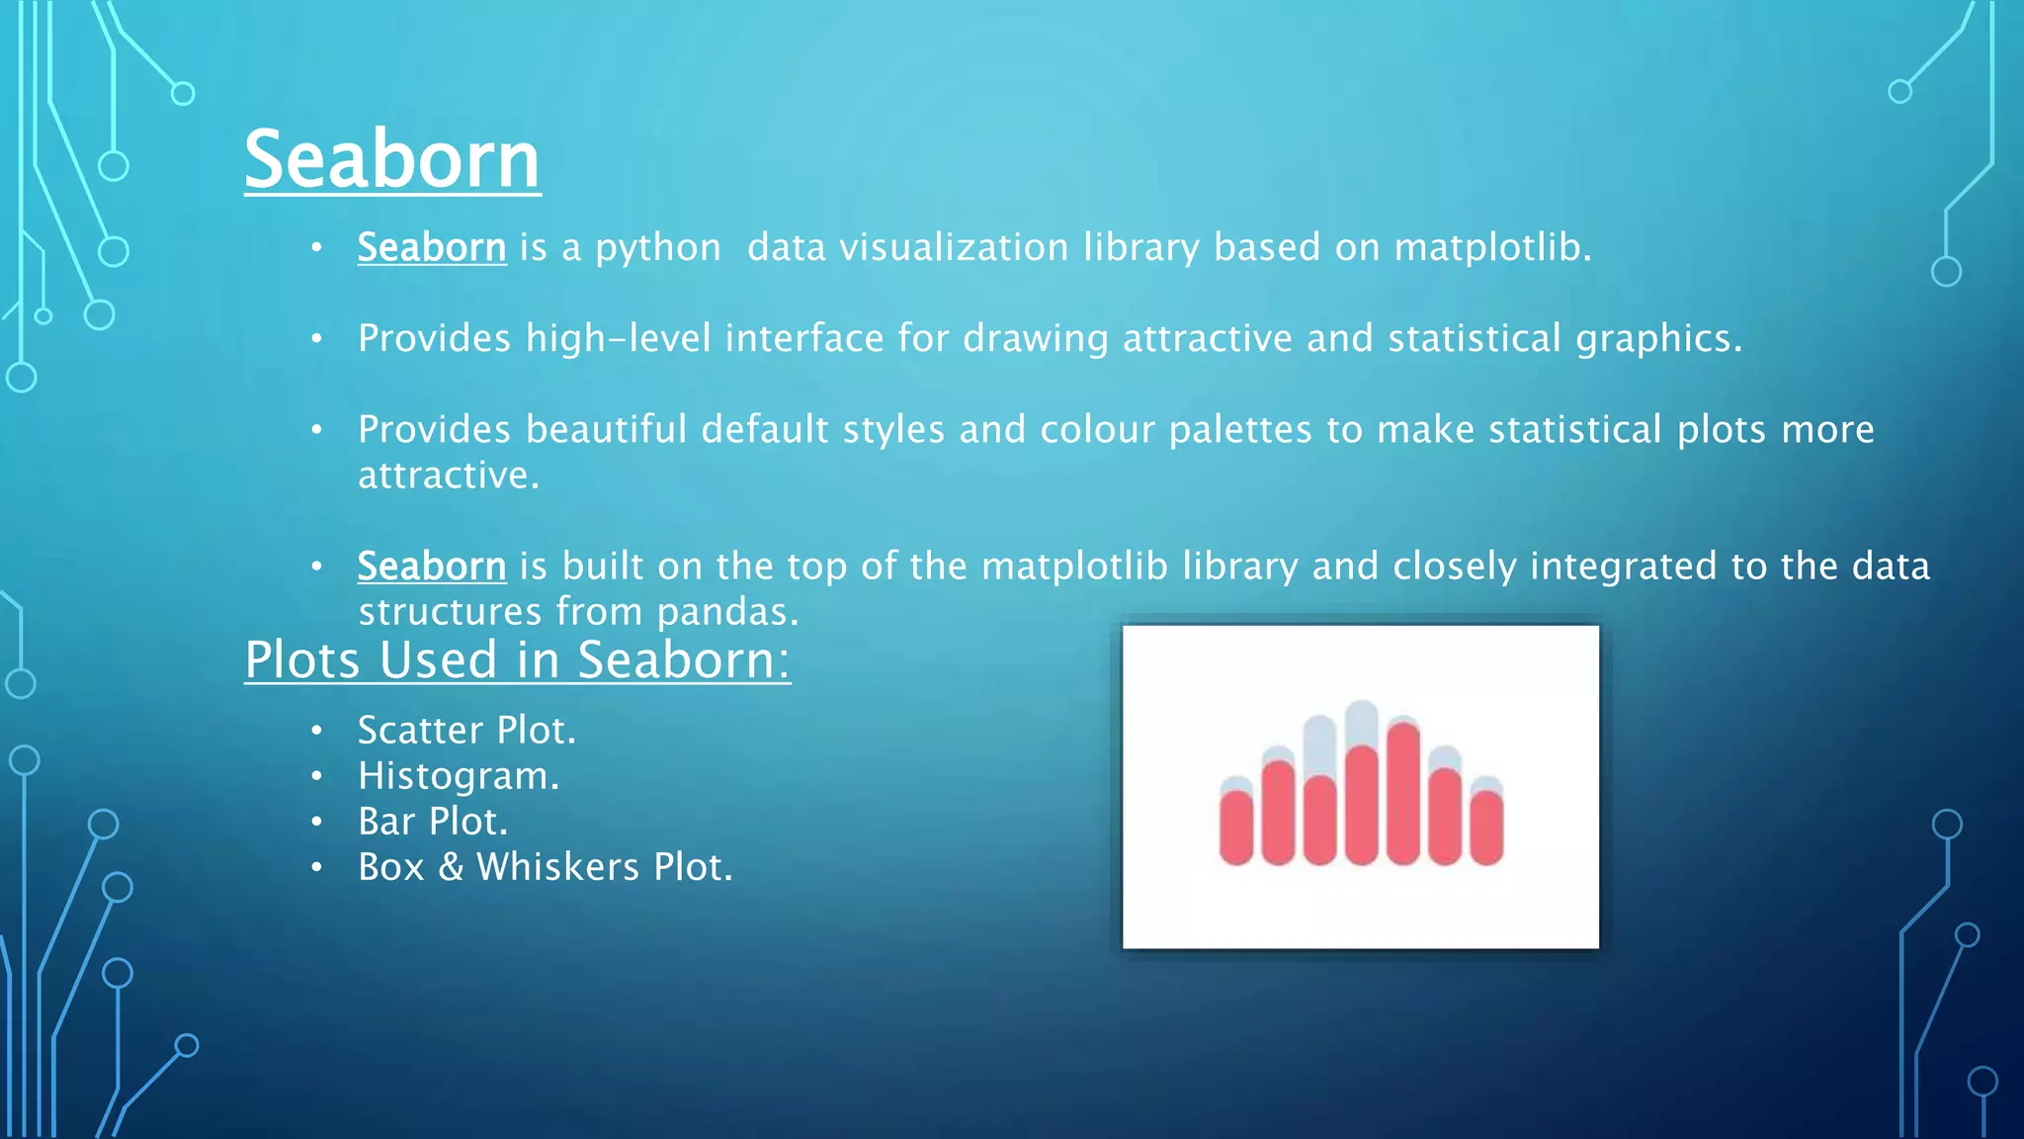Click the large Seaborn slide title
(392, 160)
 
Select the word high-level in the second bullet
(618, 339)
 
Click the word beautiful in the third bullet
(605, 430)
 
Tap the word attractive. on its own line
(449, 476)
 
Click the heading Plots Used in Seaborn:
(517, 659)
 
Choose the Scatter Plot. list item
(466, 731)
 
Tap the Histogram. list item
(459, 776)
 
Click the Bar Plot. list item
(433, 822)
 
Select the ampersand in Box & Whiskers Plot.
(451, 867)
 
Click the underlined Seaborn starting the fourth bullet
(432, 567)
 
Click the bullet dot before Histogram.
(316, 776)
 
